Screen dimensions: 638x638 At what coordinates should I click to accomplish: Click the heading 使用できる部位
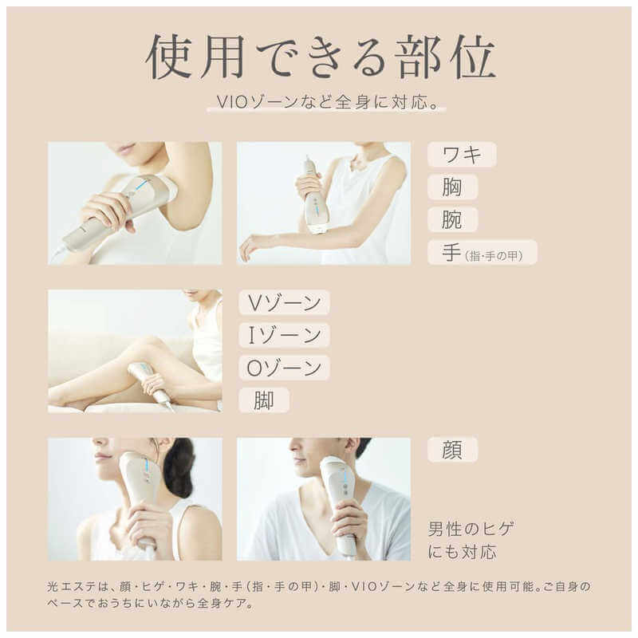click(x=320, y=57)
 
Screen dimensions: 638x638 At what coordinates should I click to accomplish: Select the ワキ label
click(x=462, y=155)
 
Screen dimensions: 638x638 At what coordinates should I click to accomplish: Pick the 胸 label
click(x=452, y=187)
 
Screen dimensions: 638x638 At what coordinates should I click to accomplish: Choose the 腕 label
click(x=452, y=219)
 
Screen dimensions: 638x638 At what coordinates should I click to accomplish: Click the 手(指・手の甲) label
click(x=482, y=252)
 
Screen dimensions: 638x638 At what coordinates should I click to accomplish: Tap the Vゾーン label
click(x=284, y=302)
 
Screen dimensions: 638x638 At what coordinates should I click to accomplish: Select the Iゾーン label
click(x=284, y=335)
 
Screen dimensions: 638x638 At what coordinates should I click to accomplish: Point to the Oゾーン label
click(x=284, y=368)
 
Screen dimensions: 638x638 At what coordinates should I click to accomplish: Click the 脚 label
click(x=263, y=400)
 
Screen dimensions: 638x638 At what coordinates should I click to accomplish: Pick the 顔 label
click(x=452, y=450)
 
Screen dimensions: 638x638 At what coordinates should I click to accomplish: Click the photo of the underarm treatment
click(x=135, y=203)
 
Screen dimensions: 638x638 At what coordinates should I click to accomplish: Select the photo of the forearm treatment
click(x=324, y=203)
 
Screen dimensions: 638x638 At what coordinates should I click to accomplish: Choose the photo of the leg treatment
click(x=135, y=351)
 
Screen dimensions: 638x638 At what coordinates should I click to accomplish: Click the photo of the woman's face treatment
click(x=135, y=498)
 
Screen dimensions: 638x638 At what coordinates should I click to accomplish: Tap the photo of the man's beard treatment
click(x=324, y=498)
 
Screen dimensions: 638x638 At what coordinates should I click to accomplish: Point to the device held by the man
click(x=340, y=502)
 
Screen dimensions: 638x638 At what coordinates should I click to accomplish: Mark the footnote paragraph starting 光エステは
click(x=319, y=595)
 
